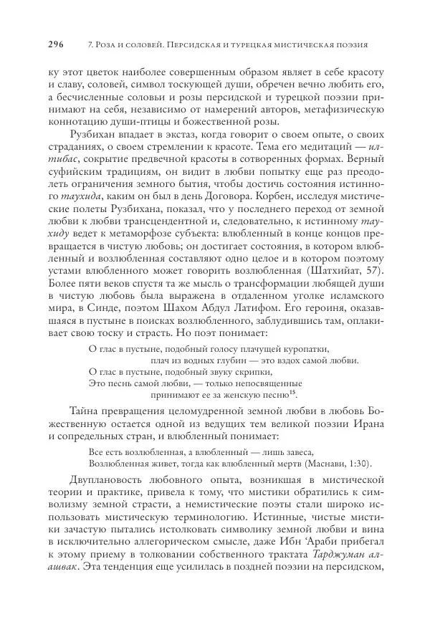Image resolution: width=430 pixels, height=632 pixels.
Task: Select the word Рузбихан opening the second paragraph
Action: [x=94, y=133]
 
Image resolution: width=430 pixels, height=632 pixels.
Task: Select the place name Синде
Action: [x=92, y=304]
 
